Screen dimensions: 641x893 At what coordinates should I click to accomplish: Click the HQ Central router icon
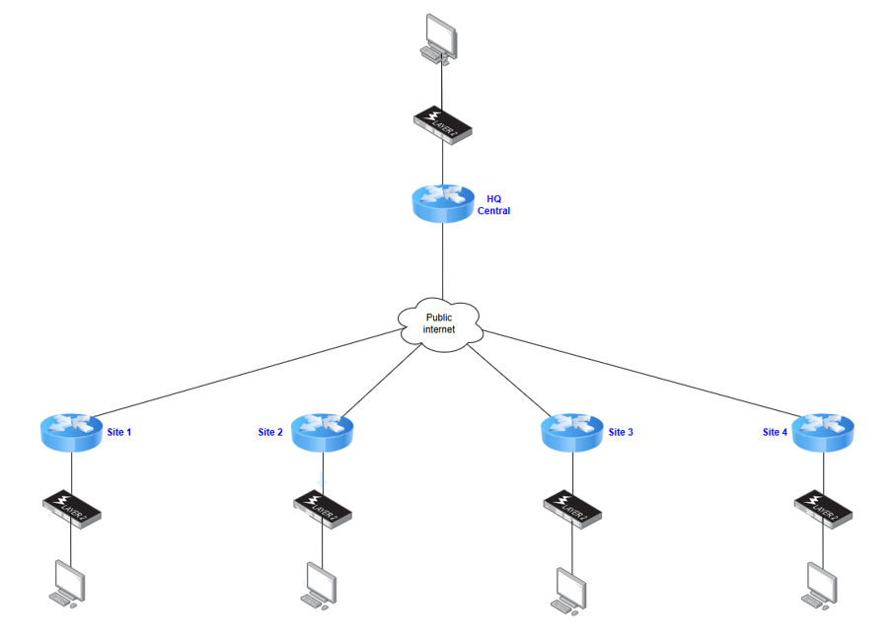click(443, 202)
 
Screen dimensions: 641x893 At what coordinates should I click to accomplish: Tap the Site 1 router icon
click(71, 432)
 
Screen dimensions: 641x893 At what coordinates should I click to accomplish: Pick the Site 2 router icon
click(323, 432)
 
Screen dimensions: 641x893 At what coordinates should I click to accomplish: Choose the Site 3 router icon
click(572, 432)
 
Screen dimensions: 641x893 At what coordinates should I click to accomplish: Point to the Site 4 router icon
click(824, 432)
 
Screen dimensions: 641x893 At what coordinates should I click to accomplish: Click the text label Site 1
click(118, 432)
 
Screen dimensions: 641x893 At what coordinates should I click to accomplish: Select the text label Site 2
click(270, 432)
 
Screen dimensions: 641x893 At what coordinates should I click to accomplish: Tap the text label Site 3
click(621, 432)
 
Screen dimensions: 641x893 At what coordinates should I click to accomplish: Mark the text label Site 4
click(776, 432)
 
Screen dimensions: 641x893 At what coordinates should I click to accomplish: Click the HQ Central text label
click(494, 205)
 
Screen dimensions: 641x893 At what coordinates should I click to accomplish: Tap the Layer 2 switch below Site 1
click(72, 507)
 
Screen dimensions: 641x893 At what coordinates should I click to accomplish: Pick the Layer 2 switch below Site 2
click(323, 507)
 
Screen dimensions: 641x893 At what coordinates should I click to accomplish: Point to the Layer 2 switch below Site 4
click(824, 507)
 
